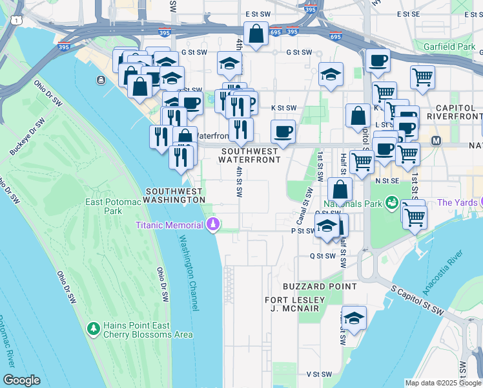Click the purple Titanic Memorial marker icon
click(212, 225)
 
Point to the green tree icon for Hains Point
click(94, 329)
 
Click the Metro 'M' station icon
click(436, 140)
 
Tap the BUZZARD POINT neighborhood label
click(319, 286)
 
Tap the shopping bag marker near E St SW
click(256, 34)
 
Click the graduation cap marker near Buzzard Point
click(354, 318)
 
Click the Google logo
click(21, 380)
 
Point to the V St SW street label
click(318, 374)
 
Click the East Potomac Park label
click(104, 206)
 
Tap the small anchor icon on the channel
click(101, 80)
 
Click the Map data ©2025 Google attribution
click(443, 383)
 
